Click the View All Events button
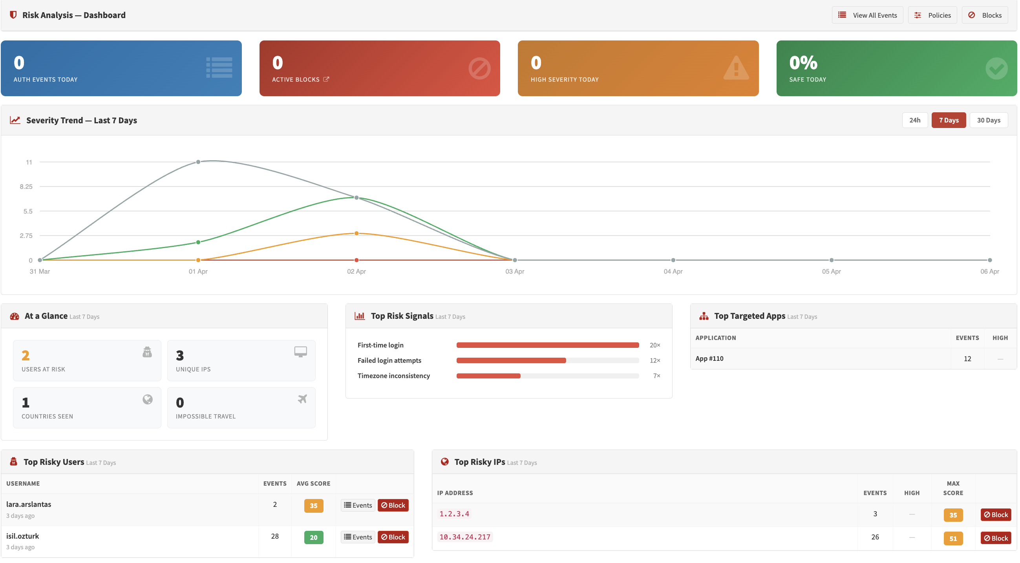867,15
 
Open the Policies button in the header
932,15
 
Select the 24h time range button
914,120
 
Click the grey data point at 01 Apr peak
198,162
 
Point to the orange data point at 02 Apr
356,233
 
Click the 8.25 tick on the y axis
26,186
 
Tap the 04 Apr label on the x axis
673,271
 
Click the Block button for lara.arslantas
393,505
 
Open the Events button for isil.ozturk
358,537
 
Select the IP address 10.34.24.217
464,537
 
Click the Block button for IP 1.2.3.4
995,515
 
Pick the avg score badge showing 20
313,537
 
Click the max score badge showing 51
953,538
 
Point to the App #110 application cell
709,358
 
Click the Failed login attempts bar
511,360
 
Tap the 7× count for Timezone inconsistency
656,376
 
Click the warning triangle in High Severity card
736,68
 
